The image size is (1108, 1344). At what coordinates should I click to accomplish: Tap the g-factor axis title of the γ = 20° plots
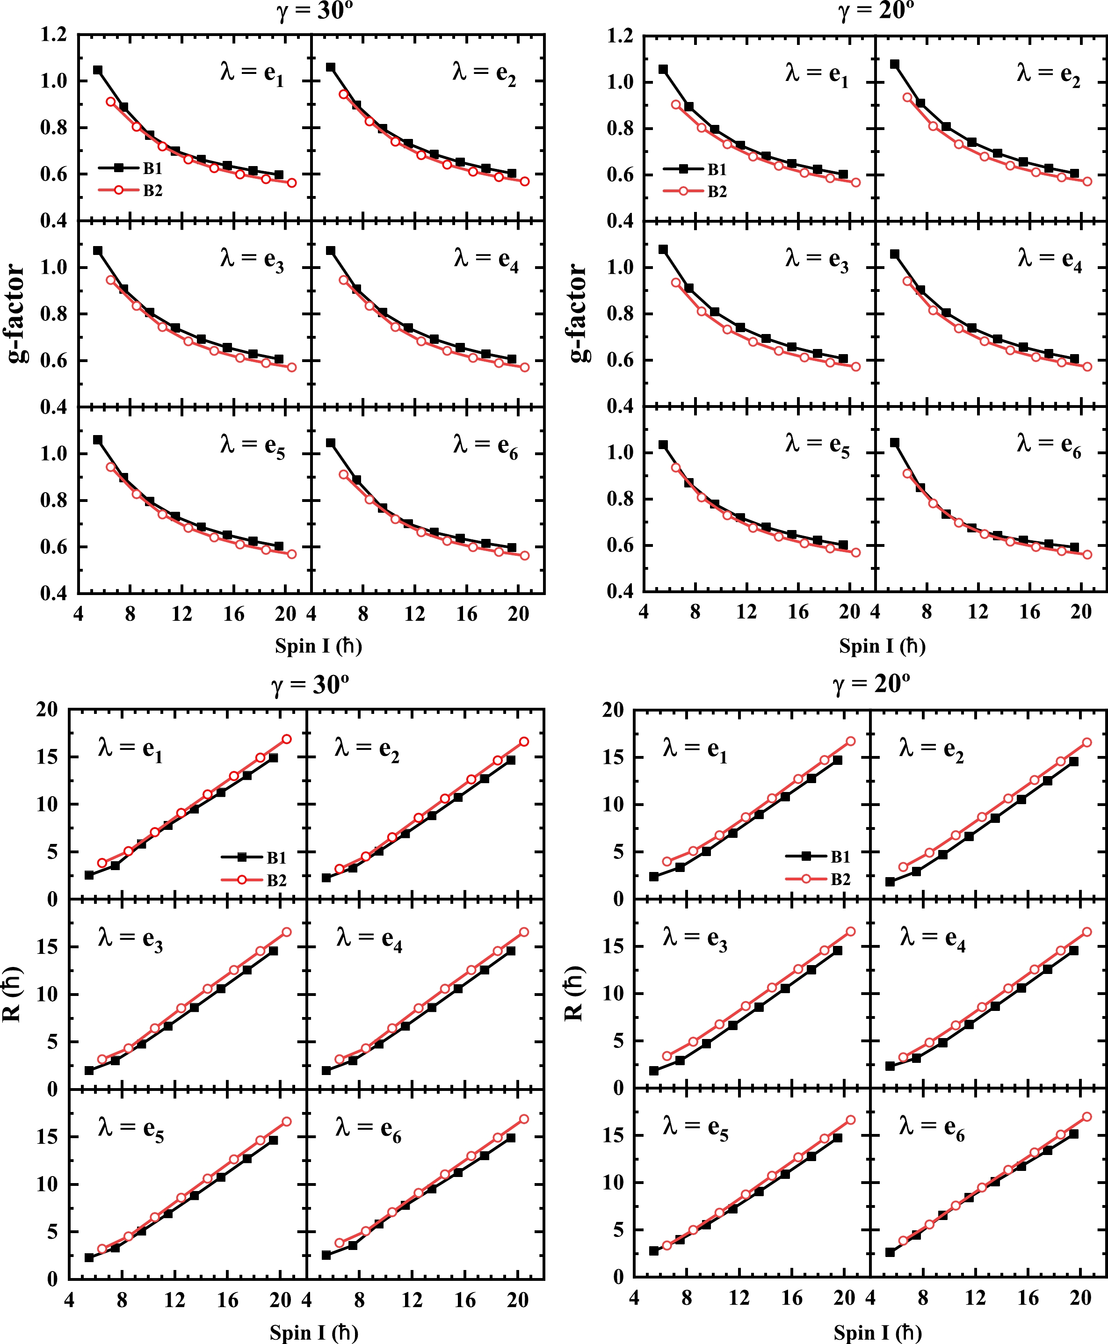click(577, 313)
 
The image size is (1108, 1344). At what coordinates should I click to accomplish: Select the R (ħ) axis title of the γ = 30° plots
click(13, 994)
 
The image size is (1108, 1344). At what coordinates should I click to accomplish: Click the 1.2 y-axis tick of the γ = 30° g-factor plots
click(54, 35)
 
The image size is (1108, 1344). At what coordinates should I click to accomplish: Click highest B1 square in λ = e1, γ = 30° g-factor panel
click(98, 70)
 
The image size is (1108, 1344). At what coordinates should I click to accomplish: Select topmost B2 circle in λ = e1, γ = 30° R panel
click(287, 739)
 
